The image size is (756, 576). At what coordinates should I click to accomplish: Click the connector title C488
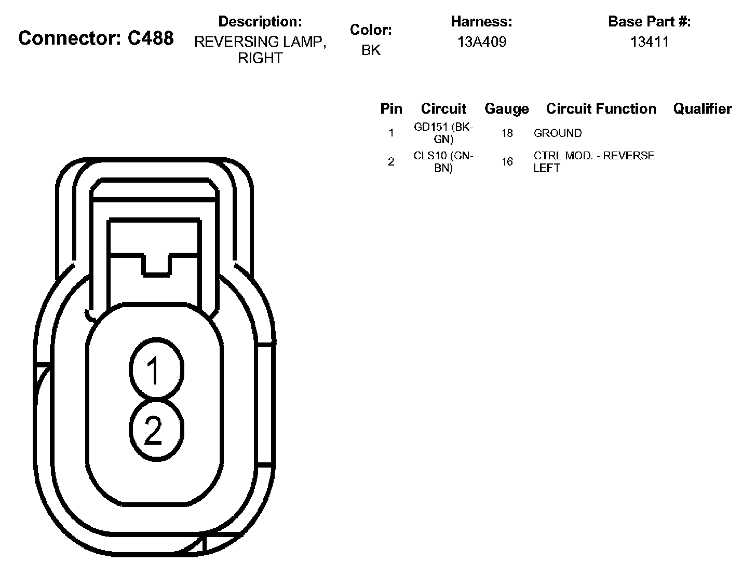coord(96,38)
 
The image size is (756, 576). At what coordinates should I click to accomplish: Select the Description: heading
coord(260,22)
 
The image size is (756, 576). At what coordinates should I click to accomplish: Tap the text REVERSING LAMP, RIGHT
coord(260,50)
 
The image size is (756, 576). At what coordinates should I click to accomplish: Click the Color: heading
coord(371,30)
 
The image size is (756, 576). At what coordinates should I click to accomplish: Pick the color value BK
coord(371,50)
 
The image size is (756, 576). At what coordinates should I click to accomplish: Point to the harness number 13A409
coord(481,42)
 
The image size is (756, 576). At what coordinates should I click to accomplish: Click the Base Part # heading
coord(649,22)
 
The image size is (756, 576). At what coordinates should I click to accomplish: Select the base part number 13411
coord(649,42)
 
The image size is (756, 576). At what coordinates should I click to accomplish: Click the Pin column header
coord(391,108)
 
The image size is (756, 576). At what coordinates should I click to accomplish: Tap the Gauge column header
coord(506,109)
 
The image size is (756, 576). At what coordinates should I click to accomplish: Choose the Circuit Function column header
coord(601,108)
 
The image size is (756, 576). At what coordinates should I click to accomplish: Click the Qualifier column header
coord(702,108)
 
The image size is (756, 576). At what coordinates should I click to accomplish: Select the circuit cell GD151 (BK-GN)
coord(443,133)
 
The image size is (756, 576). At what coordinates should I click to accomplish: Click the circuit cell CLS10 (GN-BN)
coord(443,162)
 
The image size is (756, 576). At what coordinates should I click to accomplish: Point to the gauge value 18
coord(507,133)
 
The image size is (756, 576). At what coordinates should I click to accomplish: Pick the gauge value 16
coord(507,162)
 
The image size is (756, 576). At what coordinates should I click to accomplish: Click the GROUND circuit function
coord(557,133)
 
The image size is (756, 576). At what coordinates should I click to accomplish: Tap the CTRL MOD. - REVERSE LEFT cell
coord(593,162)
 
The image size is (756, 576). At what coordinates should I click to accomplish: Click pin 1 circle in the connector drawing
coord(156,369)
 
